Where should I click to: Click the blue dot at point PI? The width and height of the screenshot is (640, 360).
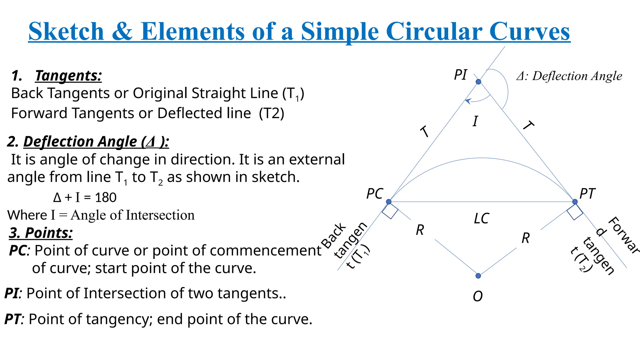(478, 82)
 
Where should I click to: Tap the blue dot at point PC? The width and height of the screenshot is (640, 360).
(389, 202)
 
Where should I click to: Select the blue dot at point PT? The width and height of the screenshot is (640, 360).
(575, 202)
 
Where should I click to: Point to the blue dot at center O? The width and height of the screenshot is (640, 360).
(478, 276)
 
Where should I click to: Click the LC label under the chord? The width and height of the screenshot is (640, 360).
(481, 218)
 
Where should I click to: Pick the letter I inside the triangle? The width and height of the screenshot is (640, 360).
(475, 121)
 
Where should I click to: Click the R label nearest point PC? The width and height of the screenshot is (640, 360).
(420, 230)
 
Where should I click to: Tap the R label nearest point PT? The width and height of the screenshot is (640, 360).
(526, 238)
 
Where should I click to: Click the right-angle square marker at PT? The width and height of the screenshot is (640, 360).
(575, 212)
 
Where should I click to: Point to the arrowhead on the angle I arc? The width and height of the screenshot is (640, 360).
(467, 101)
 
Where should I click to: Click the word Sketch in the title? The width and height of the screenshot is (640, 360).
(66, 32)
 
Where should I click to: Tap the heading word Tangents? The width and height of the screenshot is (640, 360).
(68, 76)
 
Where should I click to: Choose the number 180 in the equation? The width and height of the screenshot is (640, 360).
(106, 197)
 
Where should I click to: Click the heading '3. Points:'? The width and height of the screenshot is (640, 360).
(41, 233)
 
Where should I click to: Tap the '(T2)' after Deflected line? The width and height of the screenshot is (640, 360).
(272, 113)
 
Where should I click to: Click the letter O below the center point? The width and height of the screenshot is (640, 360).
(478, 296)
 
